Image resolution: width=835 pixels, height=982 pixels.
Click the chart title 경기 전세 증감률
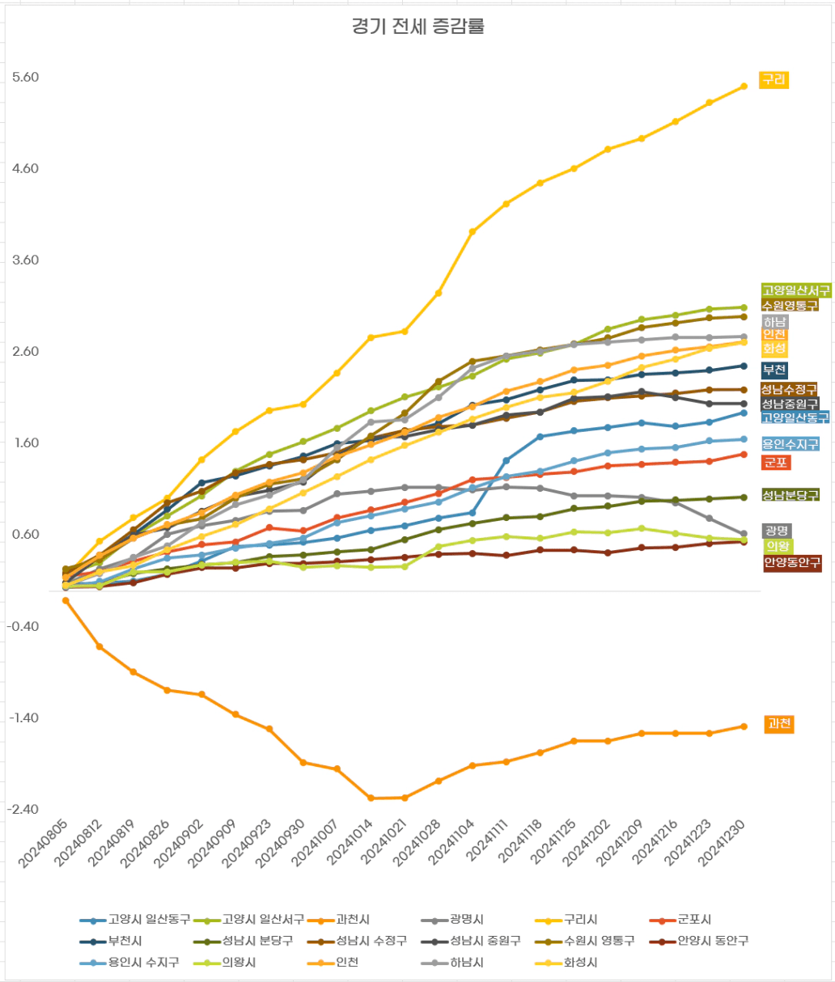click(x=417, y=27)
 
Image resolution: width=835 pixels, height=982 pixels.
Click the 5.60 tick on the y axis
click(x=26, y=78)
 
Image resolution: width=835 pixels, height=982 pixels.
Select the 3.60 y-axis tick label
click(x=26, y=260)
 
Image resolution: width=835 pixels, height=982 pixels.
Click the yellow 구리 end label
click(x=774, y=80)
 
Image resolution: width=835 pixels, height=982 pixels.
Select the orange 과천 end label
click(x=779, y=724)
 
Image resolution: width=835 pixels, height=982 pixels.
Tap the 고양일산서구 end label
click(x=795, y=290)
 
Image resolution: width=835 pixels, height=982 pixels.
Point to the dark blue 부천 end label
click(x=774, y=370)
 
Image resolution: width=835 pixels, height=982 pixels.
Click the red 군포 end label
click(x=776, y=463)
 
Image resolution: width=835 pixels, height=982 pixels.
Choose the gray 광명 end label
click(x=776, y=531)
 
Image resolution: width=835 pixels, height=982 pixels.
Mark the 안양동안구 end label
click(x=792, y=562)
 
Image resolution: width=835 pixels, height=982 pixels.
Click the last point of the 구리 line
click(x=744, y=86)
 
